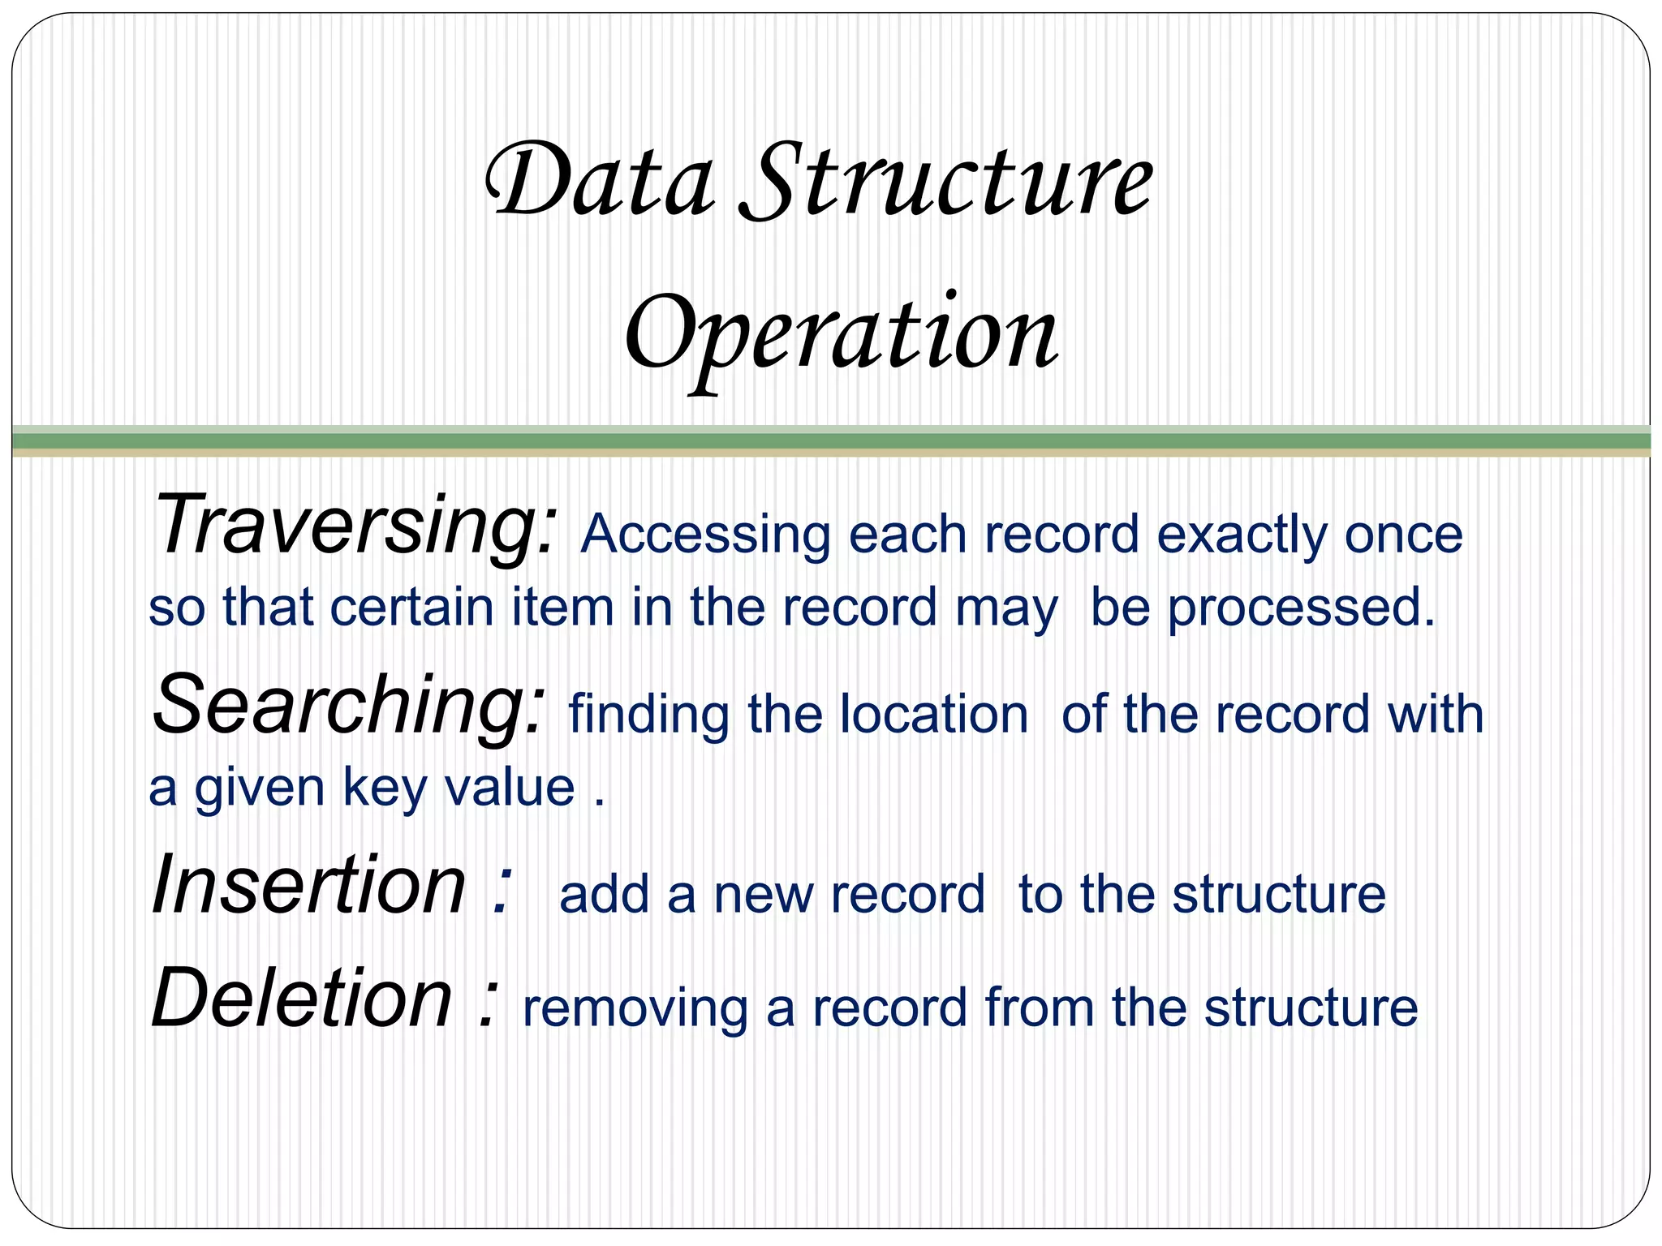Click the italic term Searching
[349, 706]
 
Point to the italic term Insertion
[308, 886]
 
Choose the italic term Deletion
[302, 999]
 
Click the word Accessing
[705, 535]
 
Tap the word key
[380, 788]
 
